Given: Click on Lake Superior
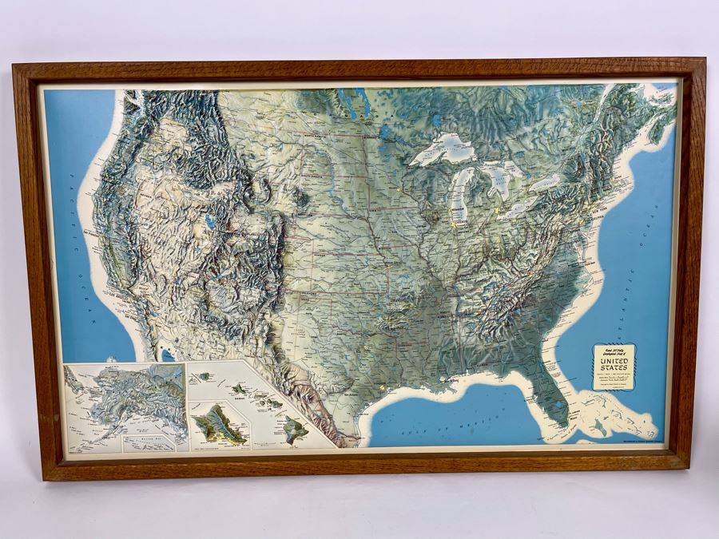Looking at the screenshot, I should [x=444, y=147].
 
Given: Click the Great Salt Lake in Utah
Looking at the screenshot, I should [x=209, y=220].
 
